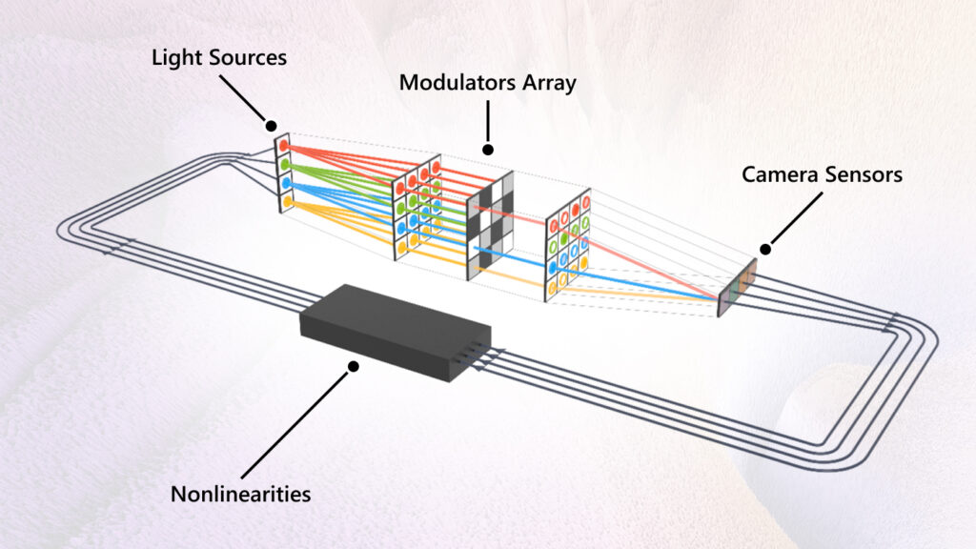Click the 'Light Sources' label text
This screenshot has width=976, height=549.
point(219,57)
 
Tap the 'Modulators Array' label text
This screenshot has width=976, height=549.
point(487,83)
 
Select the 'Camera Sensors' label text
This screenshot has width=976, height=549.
point(822,174)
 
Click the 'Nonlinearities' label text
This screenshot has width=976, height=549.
point(240,494)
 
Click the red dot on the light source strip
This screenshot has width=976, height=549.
point(283,144)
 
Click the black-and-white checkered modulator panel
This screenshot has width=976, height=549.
point(491,229)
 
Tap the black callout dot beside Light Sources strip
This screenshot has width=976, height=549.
point(271,125)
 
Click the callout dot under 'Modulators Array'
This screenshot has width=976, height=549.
point(488,150)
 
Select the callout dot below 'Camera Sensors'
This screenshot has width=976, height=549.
point(765,248)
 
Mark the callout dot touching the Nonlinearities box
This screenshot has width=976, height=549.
point(354,365)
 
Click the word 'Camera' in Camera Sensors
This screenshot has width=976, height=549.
point(781,174)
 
